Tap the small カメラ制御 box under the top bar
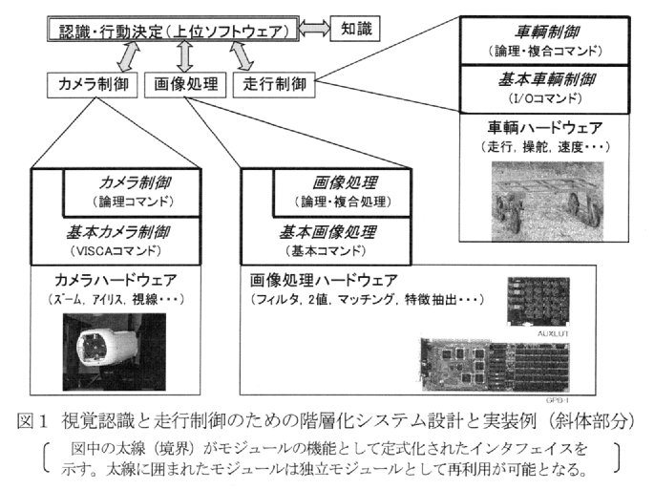(x=93, y=84)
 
